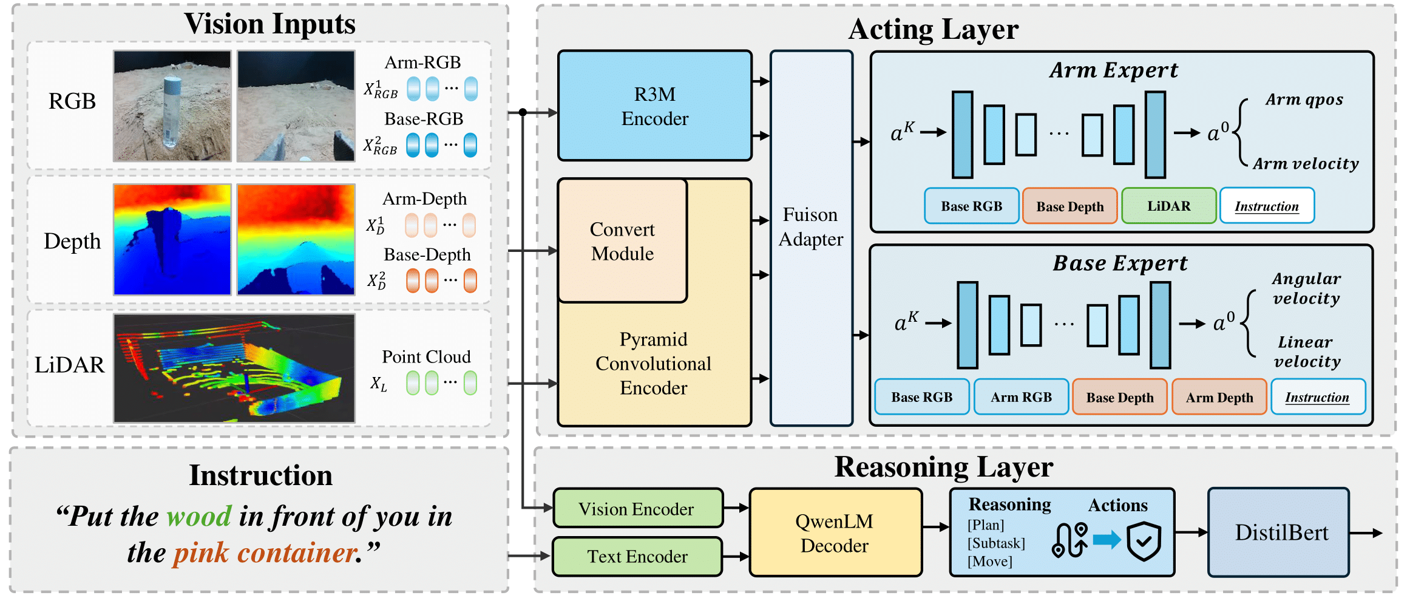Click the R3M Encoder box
[x=654, y=106]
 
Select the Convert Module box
[x=622, y=241]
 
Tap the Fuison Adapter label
[x=810, y=227]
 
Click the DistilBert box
[x=1281, y=532]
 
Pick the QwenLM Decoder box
[x=835, y=533]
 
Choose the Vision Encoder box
[x=637, y=509]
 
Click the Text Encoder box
[x=637, y=556]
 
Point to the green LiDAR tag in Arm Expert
[x=1168, y=206]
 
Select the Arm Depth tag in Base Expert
[x=1219, y=397]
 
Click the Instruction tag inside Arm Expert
[x=1267, y=206]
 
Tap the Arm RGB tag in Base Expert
[x=1021, y=397]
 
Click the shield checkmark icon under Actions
[x=1144, y=540]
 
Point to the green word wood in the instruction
[x=199, y=516]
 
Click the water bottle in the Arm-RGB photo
[x=171, y=112]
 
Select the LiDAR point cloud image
[x=234, y=368]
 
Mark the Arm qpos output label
[x=1304, y=100]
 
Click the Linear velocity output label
[x=1306, y=352]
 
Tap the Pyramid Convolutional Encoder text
[x=654, y=363]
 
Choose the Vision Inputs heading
[x=269, y=24]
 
